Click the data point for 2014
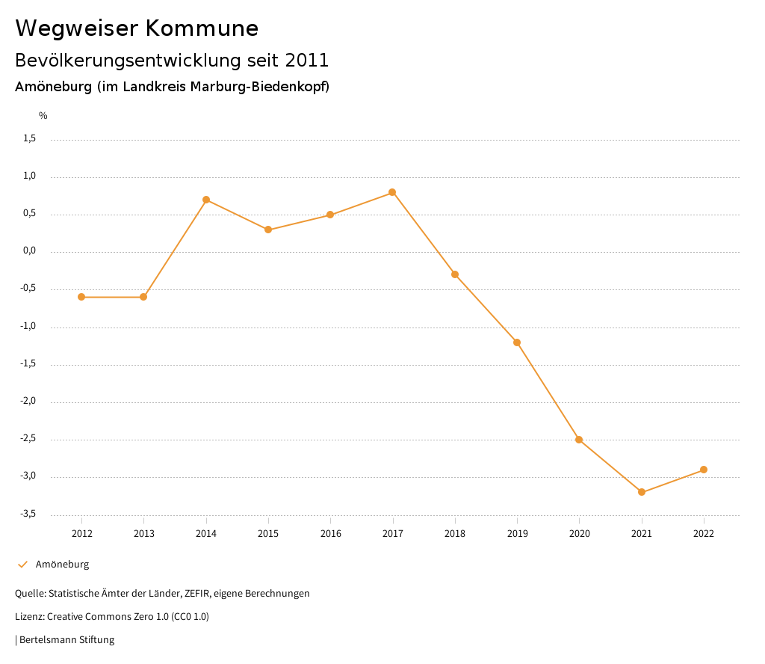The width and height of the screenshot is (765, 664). click(x=206, y=200)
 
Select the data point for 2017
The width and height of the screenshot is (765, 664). click(x=392, y=192)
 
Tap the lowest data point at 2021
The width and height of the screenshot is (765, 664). click(x=642, y=492)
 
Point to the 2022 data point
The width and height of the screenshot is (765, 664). click(x=704, y=470)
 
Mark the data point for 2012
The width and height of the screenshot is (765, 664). click(x=81, y=297)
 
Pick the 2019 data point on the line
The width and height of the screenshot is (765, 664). click(x=517, y=342)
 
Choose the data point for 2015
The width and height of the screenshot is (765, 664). click(x=268, y=230)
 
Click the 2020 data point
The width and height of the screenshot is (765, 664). click(x=579, y=440)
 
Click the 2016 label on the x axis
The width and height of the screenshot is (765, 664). click(x=330, y=534)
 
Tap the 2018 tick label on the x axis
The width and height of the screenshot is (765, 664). click(x=455, y=534)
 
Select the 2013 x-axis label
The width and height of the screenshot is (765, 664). click(x=144, y=534)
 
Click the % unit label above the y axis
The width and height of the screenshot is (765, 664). click(x=43, y=116)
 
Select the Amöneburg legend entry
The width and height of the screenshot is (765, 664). click(x=62, y=565)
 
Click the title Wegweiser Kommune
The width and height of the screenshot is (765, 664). click(x=137, y=28)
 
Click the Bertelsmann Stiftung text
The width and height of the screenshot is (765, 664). click(x=66, y=640)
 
